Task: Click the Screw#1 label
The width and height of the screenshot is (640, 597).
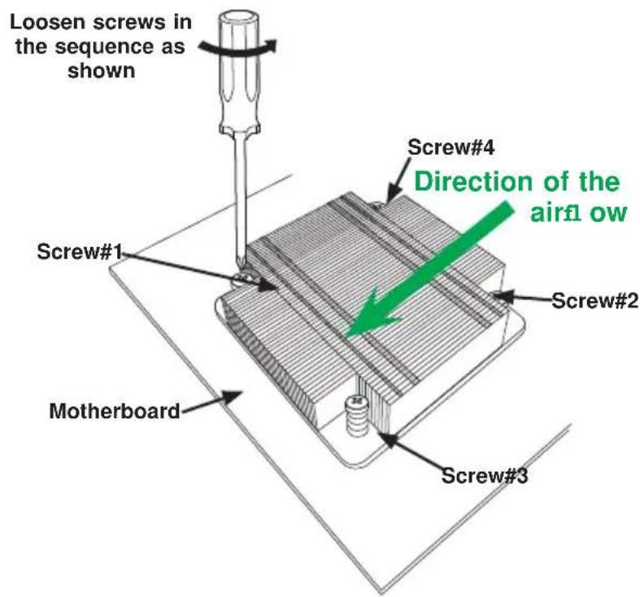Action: click(80, 251)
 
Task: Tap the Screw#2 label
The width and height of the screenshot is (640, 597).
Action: click(594, 301)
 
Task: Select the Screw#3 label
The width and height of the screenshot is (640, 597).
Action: click(485, 475)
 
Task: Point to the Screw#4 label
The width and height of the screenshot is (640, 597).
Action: click(451, 147)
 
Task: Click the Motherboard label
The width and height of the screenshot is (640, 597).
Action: click(115, 411)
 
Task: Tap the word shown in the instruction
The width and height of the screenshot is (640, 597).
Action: click(101, 71)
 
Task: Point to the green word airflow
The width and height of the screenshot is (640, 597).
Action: click(578, 212)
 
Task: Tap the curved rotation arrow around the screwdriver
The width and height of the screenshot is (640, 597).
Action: click(238, 47)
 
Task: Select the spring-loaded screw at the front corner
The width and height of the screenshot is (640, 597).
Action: click(356, 416)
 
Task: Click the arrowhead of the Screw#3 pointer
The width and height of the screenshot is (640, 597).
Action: click(389, 440)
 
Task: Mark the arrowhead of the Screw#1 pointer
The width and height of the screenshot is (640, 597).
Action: click(268, 285)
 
